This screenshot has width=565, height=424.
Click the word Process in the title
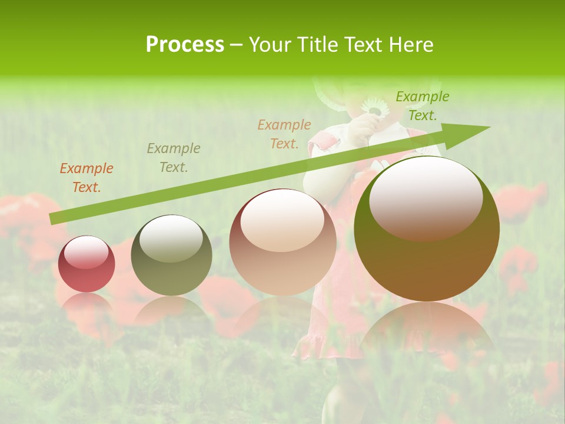(x=185, y=45)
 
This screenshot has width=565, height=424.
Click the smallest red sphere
(x=87, y=264)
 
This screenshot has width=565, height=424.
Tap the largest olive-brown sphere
(x=427, y=229)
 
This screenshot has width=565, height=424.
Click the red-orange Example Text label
(x=87, y=178)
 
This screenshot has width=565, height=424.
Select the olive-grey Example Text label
(x=174, y=158)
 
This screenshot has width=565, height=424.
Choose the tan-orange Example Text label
(x=284, y=134)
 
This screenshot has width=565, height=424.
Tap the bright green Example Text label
(x=422, y=106)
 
